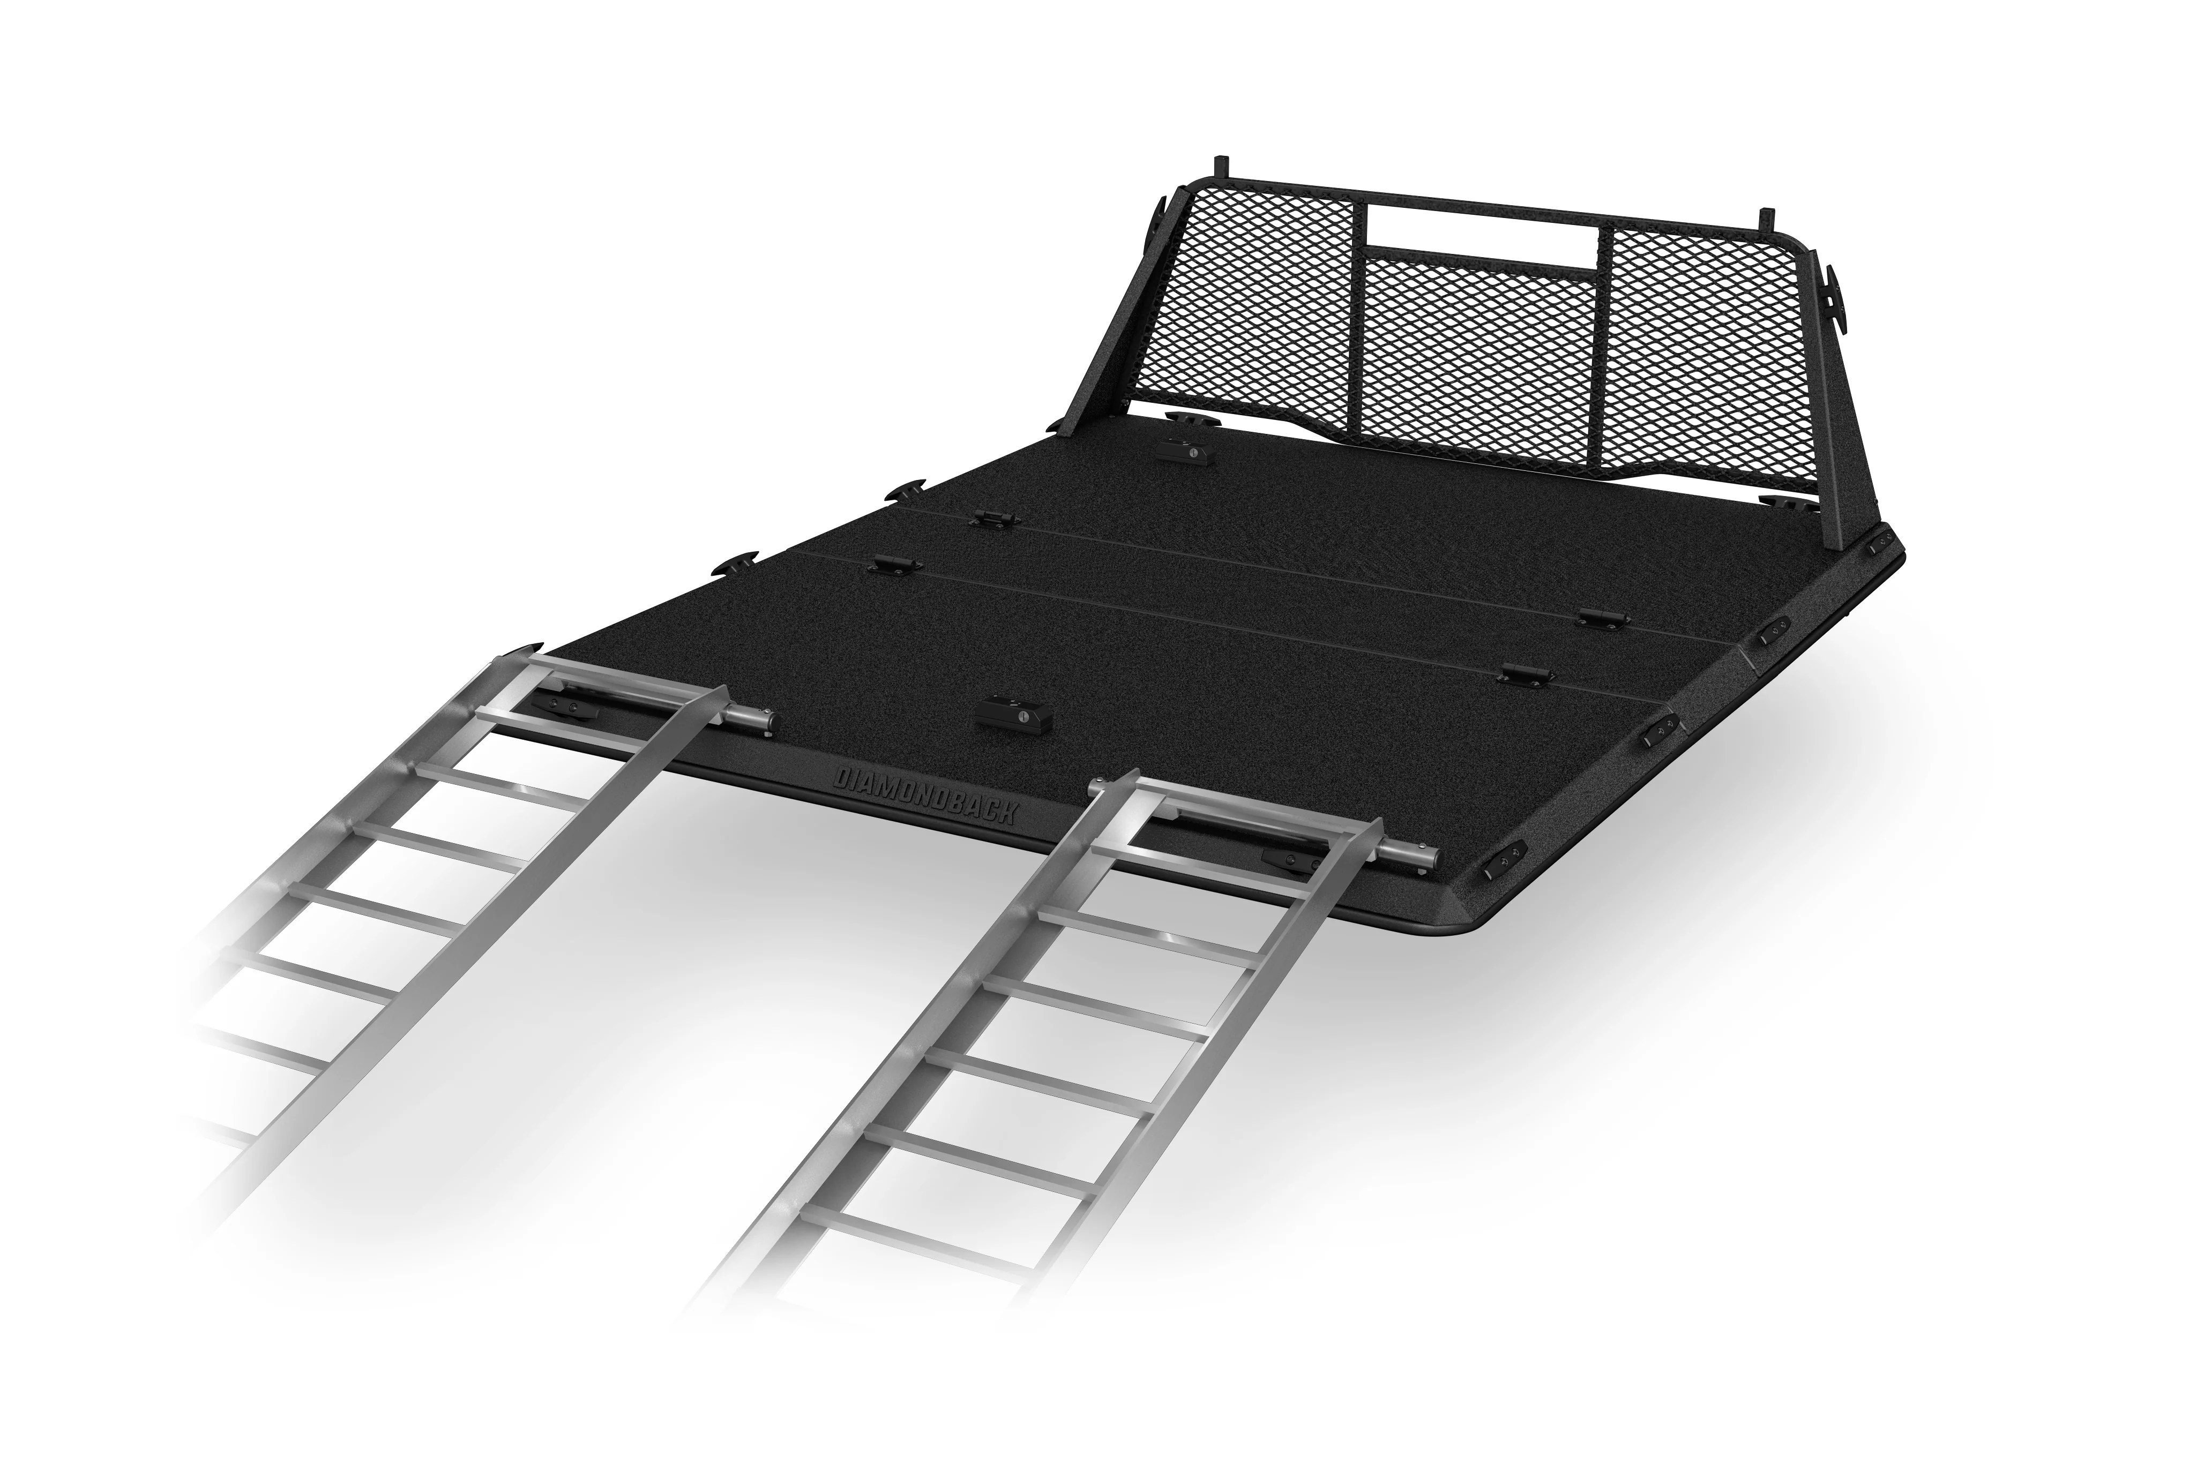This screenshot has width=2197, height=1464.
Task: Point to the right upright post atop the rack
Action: tap(1765, 220)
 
